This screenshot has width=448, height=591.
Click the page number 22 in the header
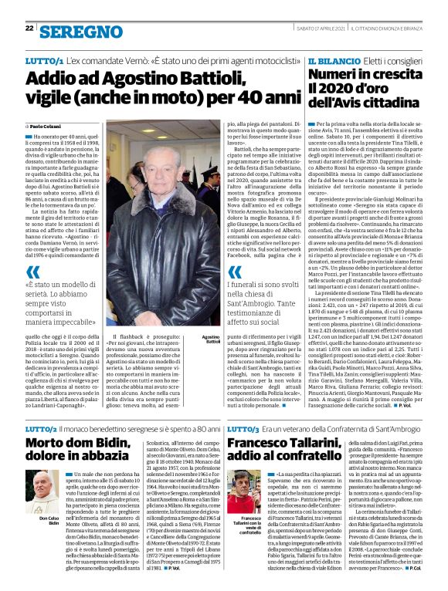tap(29, 29)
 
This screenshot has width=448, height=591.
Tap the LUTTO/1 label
tap(44, 59)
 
